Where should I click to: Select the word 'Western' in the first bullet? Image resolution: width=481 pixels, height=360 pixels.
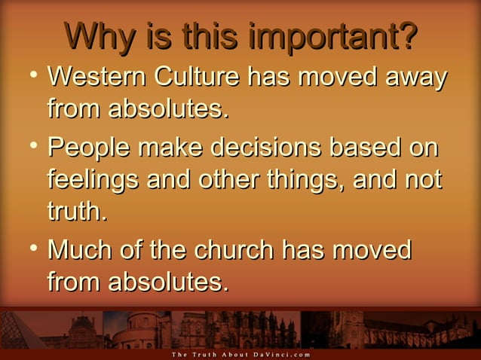tap(97, 78)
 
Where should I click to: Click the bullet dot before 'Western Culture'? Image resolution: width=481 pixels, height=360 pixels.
tap(28, 76)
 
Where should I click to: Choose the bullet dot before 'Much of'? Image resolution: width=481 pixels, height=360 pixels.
tap(28, 247)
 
